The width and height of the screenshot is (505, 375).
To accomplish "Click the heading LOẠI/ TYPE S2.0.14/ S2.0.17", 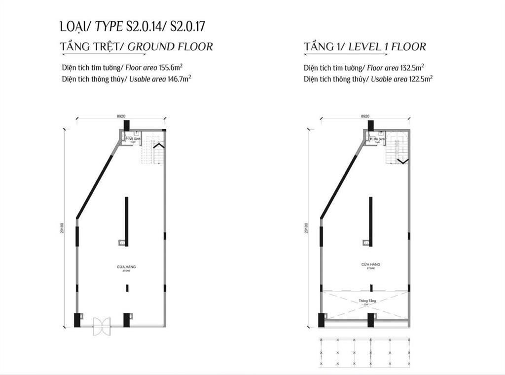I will (x=136, y=26).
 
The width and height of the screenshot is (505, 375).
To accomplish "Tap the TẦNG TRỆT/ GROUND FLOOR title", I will (x=136, y=47).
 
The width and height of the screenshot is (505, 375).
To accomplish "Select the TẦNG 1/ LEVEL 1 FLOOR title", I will (x=365, y=47).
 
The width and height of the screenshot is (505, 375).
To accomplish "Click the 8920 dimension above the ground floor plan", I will (x=121, y=116).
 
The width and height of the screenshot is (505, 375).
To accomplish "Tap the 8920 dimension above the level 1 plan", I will (x=365, y=116).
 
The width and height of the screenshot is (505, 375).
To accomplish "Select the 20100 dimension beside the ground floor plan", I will (x=63, y=226).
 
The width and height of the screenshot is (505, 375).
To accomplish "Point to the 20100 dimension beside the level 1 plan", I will (x=307, y=226).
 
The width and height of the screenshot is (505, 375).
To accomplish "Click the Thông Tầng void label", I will (x=366, y=300).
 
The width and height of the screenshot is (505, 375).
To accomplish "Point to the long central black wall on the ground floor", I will (x=127, y=222).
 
